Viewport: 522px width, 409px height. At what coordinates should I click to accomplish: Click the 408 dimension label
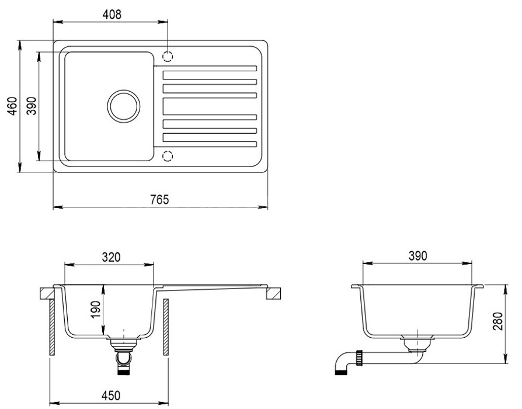[x=112, y=15]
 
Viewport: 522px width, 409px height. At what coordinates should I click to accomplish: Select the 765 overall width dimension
[x=159, y=199]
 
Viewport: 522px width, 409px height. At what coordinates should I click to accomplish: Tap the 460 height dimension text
[x=12, y=106]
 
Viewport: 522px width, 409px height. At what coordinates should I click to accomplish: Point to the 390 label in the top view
[x=31, y=106]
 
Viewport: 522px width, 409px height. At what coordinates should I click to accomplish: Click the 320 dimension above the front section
[x=111, y=257]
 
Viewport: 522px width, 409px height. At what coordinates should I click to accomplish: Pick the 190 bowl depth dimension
[x=95, y=310]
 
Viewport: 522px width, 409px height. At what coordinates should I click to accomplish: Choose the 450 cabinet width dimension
[x=110, y=396]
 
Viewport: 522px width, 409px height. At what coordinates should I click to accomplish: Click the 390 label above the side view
[x=417, y=256]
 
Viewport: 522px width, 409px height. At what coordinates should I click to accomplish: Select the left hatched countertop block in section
[x=47, y=294]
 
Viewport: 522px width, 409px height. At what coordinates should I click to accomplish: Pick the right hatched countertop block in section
[x=273, y=294]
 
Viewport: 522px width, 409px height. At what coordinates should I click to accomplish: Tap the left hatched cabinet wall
[x=52, y=327]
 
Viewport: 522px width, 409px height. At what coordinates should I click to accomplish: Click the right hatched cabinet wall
[x=165, y=327]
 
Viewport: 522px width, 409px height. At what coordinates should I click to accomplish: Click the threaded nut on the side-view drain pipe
[x=360, y=358]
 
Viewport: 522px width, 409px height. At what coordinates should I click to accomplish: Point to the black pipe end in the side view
[x=341, y=373]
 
